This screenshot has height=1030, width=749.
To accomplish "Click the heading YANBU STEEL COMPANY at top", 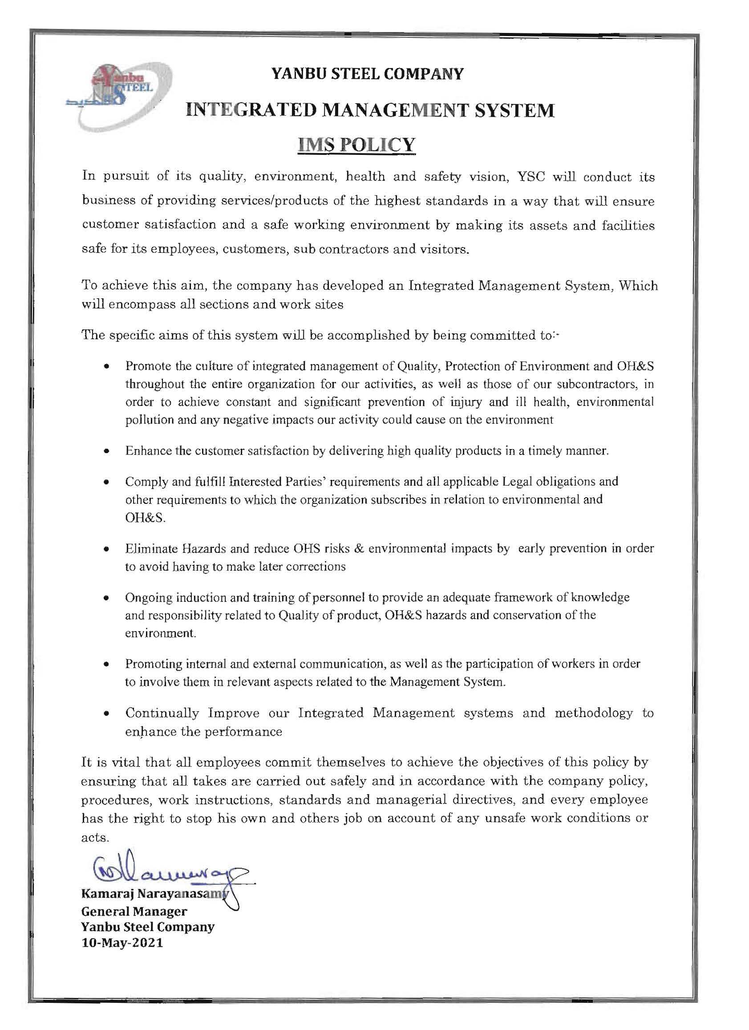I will click(x=367, y=73).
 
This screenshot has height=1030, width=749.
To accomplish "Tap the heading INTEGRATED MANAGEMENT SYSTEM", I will click(x=370, y=110).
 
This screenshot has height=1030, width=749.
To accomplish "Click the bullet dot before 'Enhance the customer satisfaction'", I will click(x=106, y=452).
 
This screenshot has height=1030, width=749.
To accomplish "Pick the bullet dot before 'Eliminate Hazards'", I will click(x=106, y=550).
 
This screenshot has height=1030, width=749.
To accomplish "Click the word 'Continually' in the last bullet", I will click(x=162, y=713).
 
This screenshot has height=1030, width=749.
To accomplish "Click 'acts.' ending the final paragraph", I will click(x=95, y=837).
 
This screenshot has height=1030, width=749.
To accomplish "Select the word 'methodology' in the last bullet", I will click(x=593, y=713).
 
